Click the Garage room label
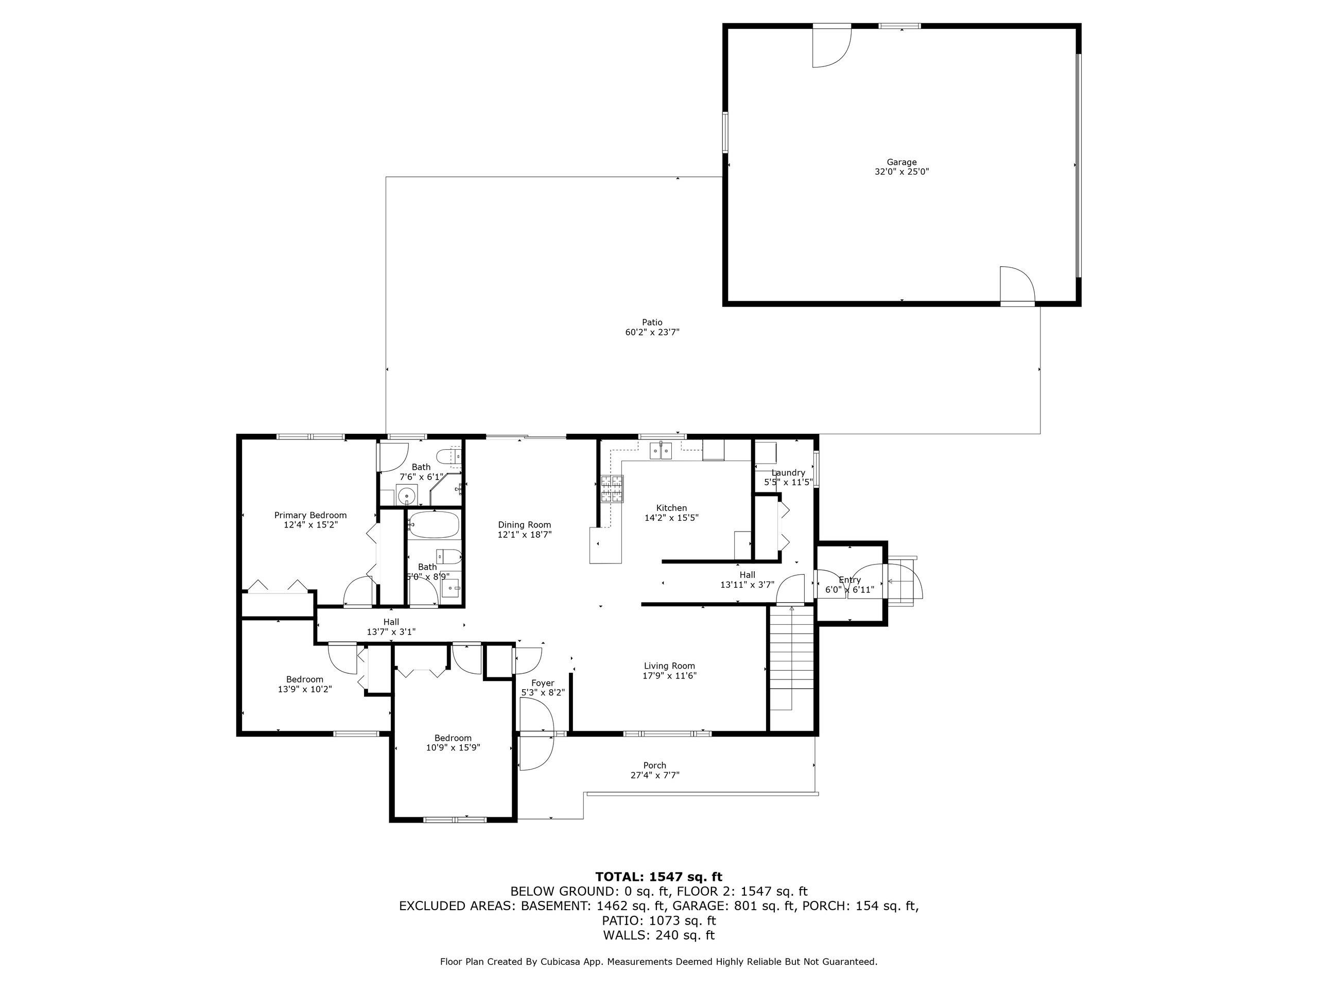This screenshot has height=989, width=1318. (901, 162)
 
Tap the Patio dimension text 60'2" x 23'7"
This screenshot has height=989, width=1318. (652, 333)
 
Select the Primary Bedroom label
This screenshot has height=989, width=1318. (310, 515)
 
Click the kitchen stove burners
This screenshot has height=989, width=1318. (612, 489)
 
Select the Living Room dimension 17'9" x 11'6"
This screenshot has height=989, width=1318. (670, 676)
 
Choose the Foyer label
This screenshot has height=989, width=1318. (543, 683)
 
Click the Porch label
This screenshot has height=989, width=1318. (655, 765)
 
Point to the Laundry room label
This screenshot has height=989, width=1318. (788, 473)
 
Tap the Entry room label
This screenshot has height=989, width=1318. (849, 580)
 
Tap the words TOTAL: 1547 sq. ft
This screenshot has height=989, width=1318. (658, 877)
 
